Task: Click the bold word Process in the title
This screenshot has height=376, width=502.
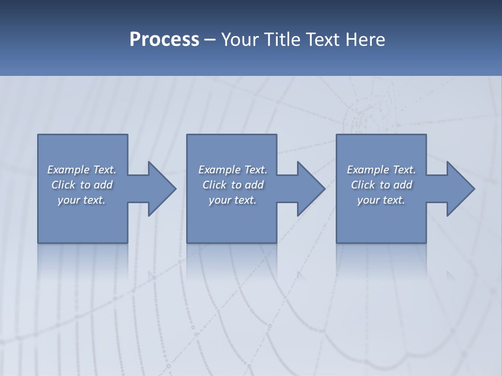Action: click(x=164, y=40)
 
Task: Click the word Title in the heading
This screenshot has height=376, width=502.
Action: click(x=283, y=40)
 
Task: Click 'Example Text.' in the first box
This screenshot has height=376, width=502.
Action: click(x=82, y=170)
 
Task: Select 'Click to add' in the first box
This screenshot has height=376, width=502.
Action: click(x=82, y=185)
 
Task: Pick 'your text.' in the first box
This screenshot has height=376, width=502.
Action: click(x=82, y=200)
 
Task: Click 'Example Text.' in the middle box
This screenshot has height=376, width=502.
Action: click(x=232, y=170)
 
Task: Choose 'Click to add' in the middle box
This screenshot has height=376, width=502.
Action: click(x=232, y=185)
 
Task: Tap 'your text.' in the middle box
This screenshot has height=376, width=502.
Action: click(x=232, y=200)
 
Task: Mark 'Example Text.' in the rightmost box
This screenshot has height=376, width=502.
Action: click(x=381, y=170)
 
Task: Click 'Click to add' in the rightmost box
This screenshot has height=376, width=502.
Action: click(x=381, y=185)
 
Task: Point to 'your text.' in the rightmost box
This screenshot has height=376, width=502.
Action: click(x=381, y=200)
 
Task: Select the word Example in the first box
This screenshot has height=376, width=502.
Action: click(x=69, y=170)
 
